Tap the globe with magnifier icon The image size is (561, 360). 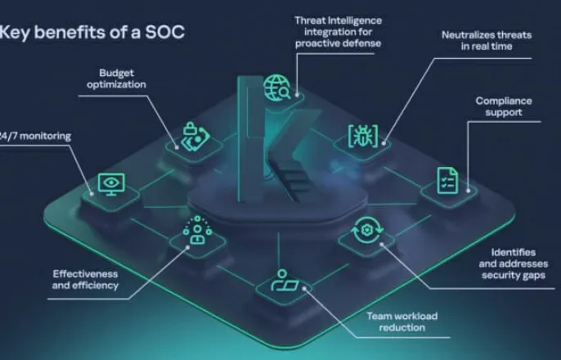click(276, 87)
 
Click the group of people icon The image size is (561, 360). click(196, 232)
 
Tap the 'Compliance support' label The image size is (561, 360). click(504, 106)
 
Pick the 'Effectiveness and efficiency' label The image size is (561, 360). click(85, 279)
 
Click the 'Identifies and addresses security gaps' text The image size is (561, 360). click(513, 263)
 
